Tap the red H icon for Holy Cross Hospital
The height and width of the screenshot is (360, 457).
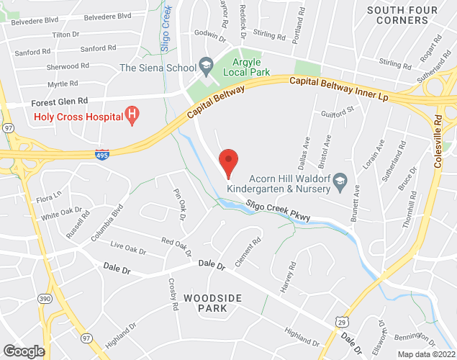pyautogui.click(x=131, y=113)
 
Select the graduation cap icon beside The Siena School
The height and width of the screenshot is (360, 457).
pyautogui.click(x=207, y=68)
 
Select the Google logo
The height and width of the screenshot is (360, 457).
pyautogui.click(x=23, y=351)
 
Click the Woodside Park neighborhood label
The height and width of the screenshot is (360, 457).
pyautogui.click(x=205, y=302)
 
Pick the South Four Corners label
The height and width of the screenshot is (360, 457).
pyautogui.click(x=407, y=15)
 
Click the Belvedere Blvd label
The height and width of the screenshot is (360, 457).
pyautogui.click(x=107, y=16)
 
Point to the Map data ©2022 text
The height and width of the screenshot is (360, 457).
pyautogui.click(x=426, y=354)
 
